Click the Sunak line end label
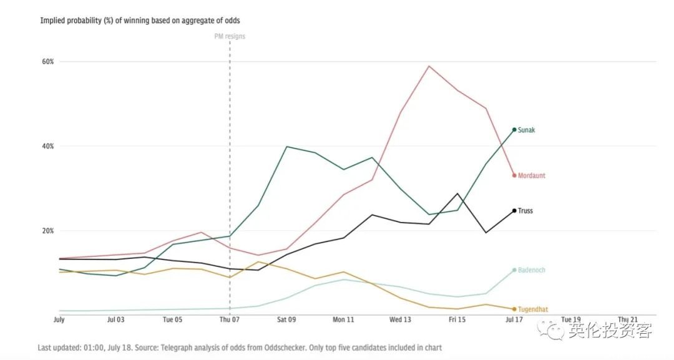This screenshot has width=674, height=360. pos(526,130)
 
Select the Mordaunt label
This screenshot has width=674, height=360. pos(532,176)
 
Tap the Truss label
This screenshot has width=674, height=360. pos(525,211)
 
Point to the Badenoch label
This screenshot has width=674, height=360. pos(532,270)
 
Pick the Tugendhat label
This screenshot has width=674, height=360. pos(533,309)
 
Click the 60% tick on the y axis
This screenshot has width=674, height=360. pos(48,62)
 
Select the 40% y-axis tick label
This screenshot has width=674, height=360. pos(48,146)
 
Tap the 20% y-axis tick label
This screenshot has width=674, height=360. pos(48,231)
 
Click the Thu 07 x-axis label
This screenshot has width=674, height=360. pos(230,319)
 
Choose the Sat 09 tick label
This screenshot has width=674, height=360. pos(286,319)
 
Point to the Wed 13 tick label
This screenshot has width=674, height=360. pos(400,319)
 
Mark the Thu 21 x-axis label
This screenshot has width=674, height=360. pos(627,319)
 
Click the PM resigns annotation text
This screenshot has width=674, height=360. pos(230,36)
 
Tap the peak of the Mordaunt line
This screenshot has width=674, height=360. pos(429,66)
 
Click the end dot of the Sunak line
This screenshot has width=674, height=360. pos(514,130)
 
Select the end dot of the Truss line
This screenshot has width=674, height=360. pos(514,211)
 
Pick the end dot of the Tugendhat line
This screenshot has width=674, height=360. pos(514,309)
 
